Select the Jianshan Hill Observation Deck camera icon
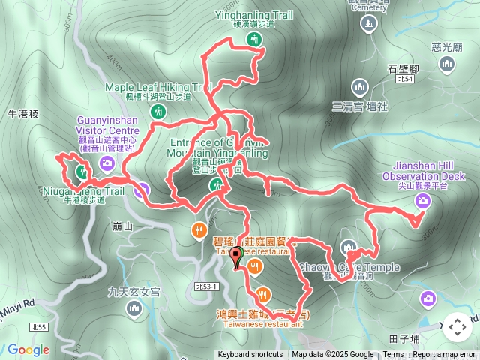point(423,200)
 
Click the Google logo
point(28,349)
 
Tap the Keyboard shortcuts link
point(250,355)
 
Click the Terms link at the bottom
point(393,355)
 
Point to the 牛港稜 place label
point(22,113)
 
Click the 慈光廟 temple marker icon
point(448,65)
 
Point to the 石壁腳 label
point(403,68)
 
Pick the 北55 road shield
point(38,327)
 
